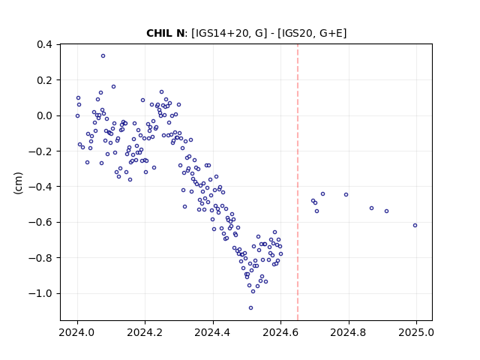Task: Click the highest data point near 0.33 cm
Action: pos(103,56)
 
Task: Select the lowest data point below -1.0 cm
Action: pos(251,308)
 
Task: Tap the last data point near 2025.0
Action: pos(415,226)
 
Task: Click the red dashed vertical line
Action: pos(298,182)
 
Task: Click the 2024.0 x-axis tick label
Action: pos(77,332)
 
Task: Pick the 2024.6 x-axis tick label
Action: pos(280,332)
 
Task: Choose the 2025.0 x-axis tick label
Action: pos(416,332)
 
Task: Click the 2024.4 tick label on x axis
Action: pos(213,332)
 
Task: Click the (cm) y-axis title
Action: pos(18,183)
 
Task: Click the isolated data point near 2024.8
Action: pos(346,195)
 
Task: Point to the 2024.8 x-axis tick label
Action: pos(348,332)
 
